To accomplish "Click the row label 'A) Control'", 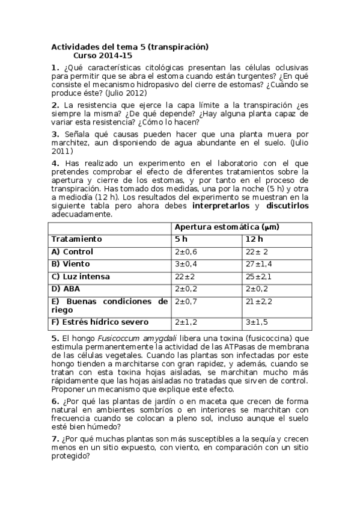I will (x=72, y=251).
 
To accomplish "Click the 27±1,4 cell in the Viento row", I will (x=259, y=263).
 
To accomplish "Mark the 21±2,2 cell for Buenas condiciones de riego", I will (x=259, y=301).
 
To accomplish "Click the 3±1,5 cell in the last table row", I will (x=257, y=323).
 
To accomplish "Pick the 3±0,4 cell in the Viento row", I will (x=186, y=263).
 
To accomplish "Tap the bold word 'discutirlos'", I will (x=287, y=206).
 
